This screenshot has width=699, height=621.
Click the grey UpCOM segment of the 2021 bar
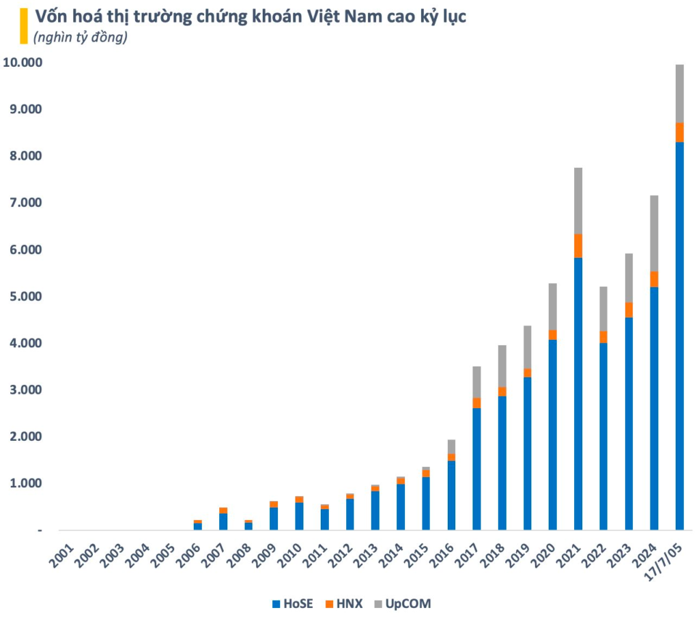(578, 201)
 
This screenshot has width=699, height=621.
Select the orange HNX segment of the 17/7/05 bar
(679, 132)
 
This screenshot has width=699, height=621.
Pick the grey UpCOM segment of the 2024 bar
(654, 233)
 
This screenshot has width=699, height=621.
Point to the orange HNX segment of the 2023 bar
(629, 310)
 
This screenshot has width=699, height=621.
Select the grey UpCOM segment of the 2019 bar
(528, 347)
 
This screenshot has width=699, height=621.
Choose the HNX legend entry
(346, 603)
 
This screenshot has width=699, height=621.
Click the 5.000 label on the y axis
(25, 297)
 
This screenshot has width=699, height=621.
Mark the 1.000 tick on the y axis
(25, 483)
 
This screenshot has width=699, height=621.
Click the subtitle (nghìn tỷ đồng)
(81, 38)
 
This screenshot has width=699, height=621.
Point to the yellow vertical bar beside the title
(23, 25)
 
